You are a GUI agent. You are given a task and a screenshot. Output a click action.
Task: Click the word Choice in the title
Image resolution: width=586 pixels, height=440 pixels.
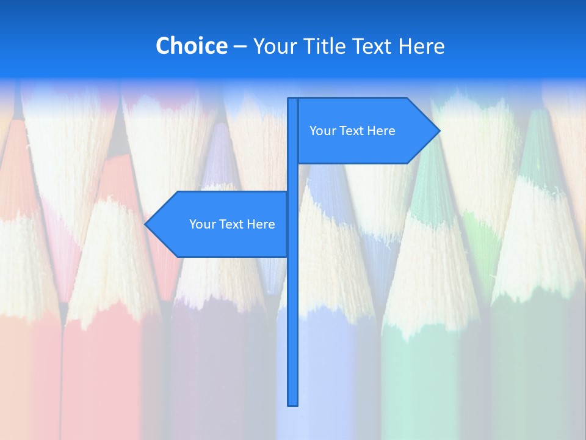point(191,46)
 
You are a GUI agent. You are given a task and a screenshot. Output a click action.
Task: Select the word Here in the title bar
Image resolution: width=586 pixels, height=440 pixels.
point(421,46)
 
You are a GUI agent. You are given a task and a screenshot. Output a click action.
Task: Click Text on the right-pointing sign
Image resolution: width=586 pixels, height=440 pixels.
point(352,131)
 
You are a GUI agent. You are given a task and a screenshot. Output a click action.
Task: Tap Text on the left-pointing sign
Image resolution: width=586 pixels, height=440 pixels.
point(232,224)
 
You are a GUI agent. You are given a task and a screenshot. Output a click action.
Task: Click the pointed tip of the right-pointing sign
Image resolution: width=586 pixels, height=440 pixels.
point(438,130)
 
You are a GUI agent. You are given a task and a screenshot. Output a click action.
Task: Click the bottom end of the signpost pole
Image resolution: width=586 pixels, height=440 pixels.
point(293,404)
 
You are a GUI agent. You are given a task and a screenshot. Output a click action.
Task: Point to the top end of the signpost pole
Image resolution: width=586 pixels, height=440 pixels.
point(293,100)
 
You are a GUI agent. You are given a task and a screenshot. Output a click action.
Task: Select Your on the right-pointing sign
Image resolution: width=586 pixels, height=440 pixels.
point(322,131)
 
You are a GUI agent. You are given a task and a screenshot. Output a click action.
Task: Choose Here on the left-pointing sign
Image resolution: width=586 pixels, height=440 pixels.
point(261,224)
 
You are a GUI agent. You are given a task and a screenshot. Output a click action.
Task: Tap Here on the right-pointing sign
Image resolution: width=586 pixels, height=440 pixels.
point(381,131)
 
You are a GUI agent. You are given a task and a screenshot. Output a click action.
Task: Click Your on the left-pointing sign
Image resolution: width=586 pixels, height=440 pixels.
point(202,224)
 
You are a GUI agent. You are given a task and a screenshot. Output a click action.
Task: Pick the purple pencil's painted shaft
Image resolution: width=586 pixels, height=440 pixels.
point(214,367)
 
